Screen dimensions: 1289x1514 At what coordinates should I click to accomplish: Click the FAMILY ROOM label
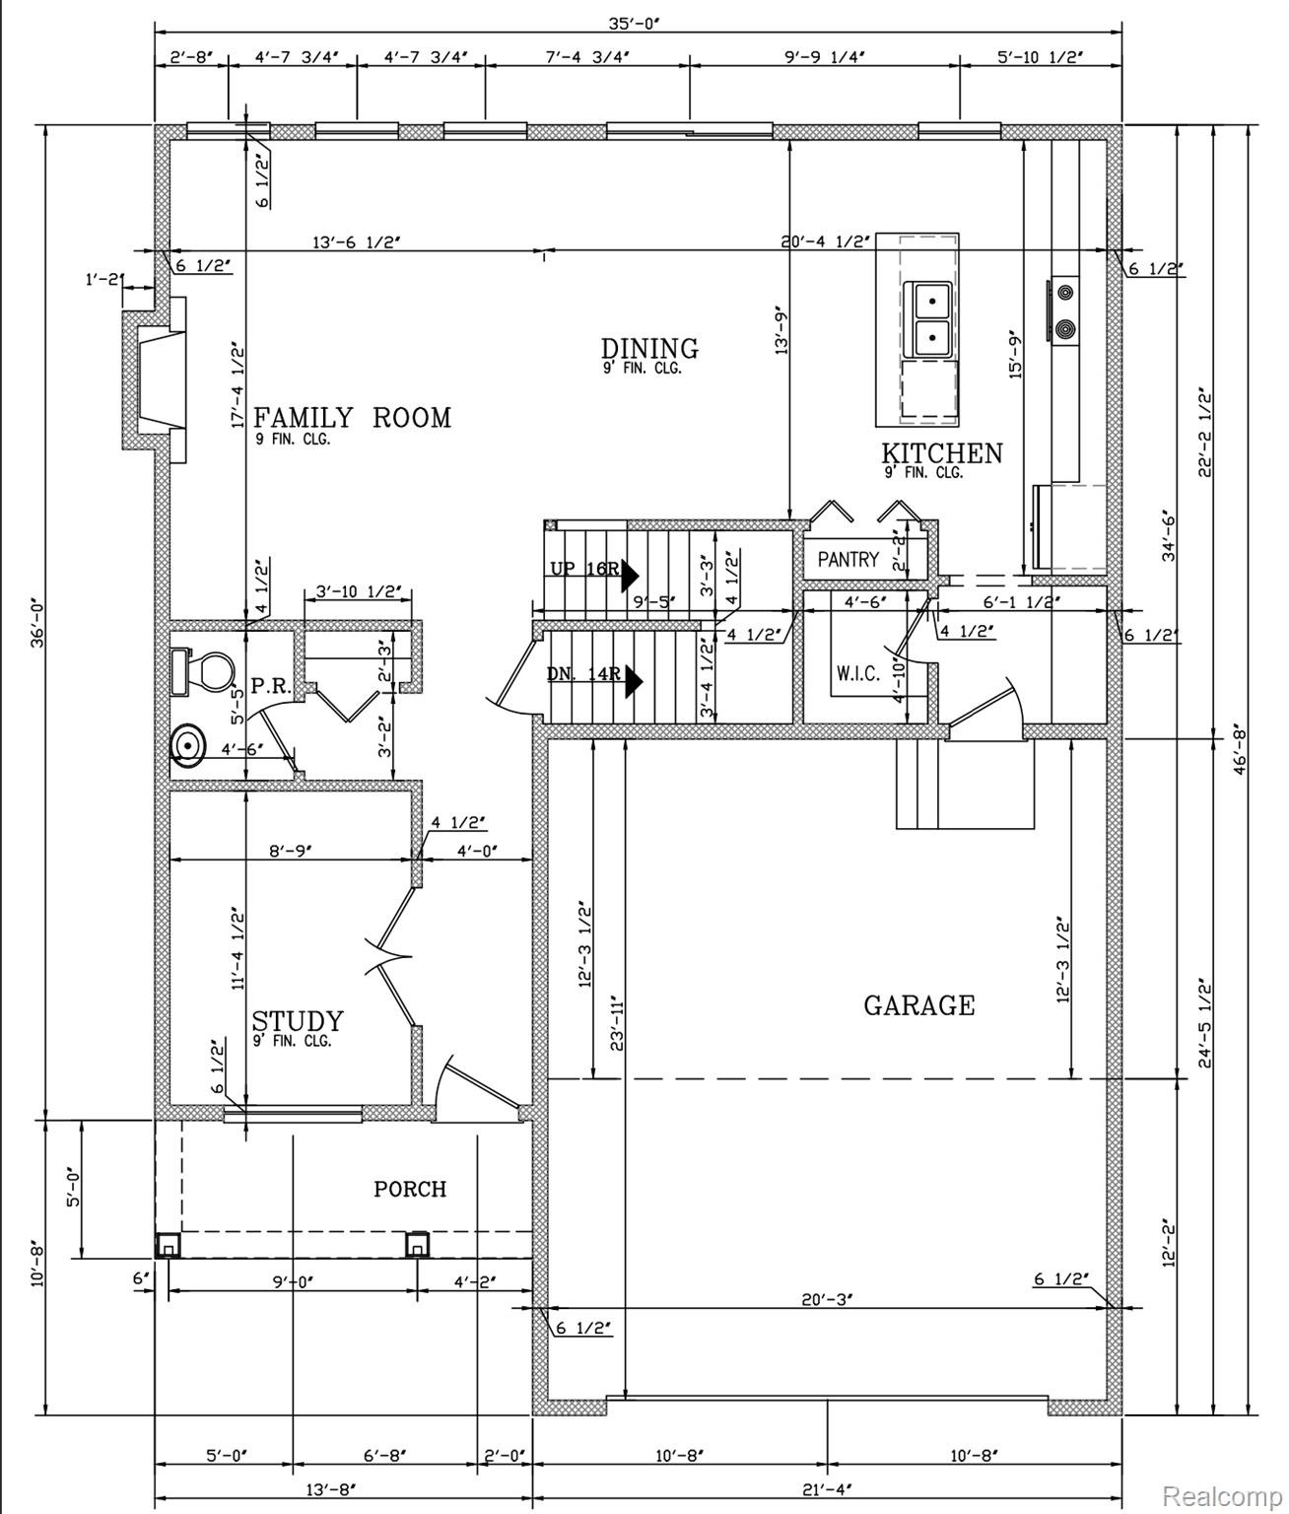[x=352, y=418]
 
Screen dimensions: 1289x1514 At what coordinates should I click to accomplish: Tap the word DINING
[x=649, y=348]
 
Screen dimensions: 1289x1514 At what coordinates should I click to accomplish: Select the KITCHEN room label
[x=942, y=453]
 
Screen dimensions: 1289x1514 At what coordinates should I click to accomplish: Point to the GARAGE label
[x=919, y=1005]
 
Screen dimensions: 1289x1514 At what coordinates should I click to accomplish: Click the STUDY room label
[x=298, y=1021]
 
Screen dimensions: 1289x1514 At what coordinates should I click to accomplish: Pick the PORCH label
[x=410, y=1188]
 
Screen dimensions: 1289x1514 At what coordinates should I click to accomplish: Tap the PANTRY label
[x=848, y=560]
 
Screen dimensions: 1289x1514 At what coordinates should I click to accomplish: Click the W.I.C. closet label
[x=858, y=673]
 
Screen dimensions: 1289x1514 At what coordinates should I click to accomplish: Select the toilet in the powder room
[x=203, y=670]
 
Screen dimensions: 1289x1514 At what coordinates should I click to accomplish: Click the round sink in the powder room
[x=188, y=745]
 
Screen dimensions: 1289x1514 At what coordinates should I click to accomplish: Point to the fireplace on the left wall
[x=154, y=379]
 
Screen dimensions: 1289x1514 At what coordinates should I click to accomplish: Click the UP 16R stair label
[x=585, y=569]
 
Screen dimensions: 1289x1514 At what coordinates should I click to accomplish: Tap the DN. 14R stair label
[x=583, y=674]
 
